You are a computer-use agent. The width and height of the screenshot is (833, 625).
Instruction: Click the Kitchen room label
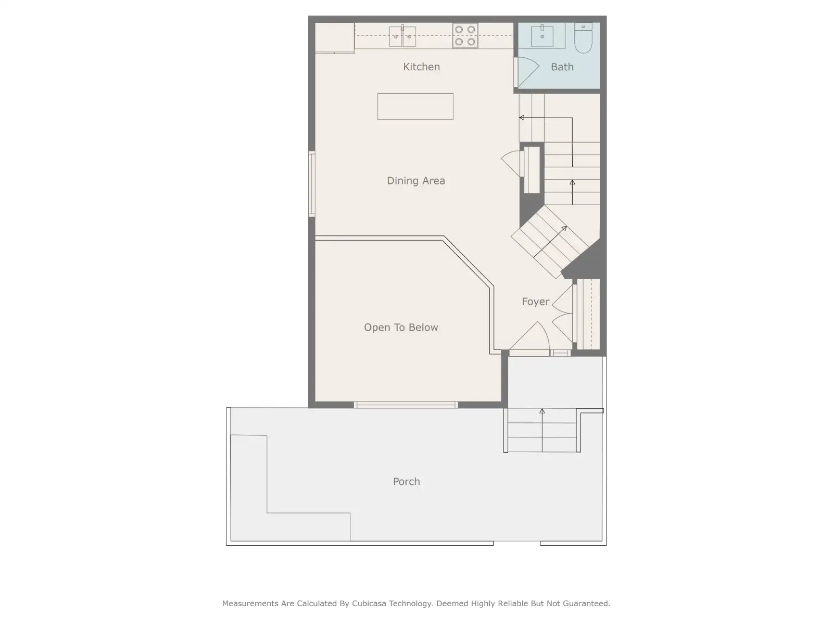pos(421,67)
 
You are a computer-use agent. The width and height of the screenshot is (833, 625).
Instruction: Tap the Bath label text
pos(562,67)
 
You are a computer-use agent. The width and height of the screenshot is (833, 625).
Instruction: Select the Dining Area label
pos(416,181)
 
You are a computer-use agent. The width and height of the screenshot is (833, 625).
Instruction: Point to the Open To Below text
pos(401,327)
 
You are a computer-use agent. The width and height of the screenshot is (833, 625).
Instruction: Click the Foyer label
pos(536,302)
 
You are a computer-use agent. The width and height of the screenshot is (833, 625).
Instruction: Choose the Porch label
pos(407,482)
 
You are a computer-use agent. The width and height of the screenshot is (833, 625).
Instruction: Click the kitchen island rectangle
pos(415,107)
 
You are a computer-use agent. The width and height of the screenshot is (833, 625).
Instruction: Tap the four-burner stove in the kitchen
pos(465,35)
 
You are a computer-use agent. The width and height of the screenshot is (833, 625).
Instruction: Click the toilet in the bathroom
pos(583,37)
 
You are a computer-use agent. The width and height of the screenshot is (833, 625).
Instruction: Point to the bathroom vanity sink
pos(542,35)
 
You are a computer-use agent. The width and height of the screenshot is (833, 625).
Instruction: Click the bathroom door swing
pos(527,72)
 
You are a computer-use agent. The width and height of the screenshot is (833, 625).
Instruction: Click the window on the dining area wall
pos(311,184)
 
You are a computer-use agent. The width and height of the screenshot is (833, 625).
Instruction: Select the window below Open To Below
pos(406,405)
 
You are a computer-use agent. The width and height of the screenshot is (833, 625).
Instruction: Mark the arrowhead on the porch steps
pos(542,411)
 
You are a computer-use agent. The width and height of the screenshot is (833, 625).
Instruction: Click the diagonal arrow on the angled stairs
pos(550,242)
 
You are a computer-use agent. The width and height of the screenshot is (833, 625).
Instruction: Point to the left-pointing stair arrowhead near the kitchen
pos(522,118)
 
